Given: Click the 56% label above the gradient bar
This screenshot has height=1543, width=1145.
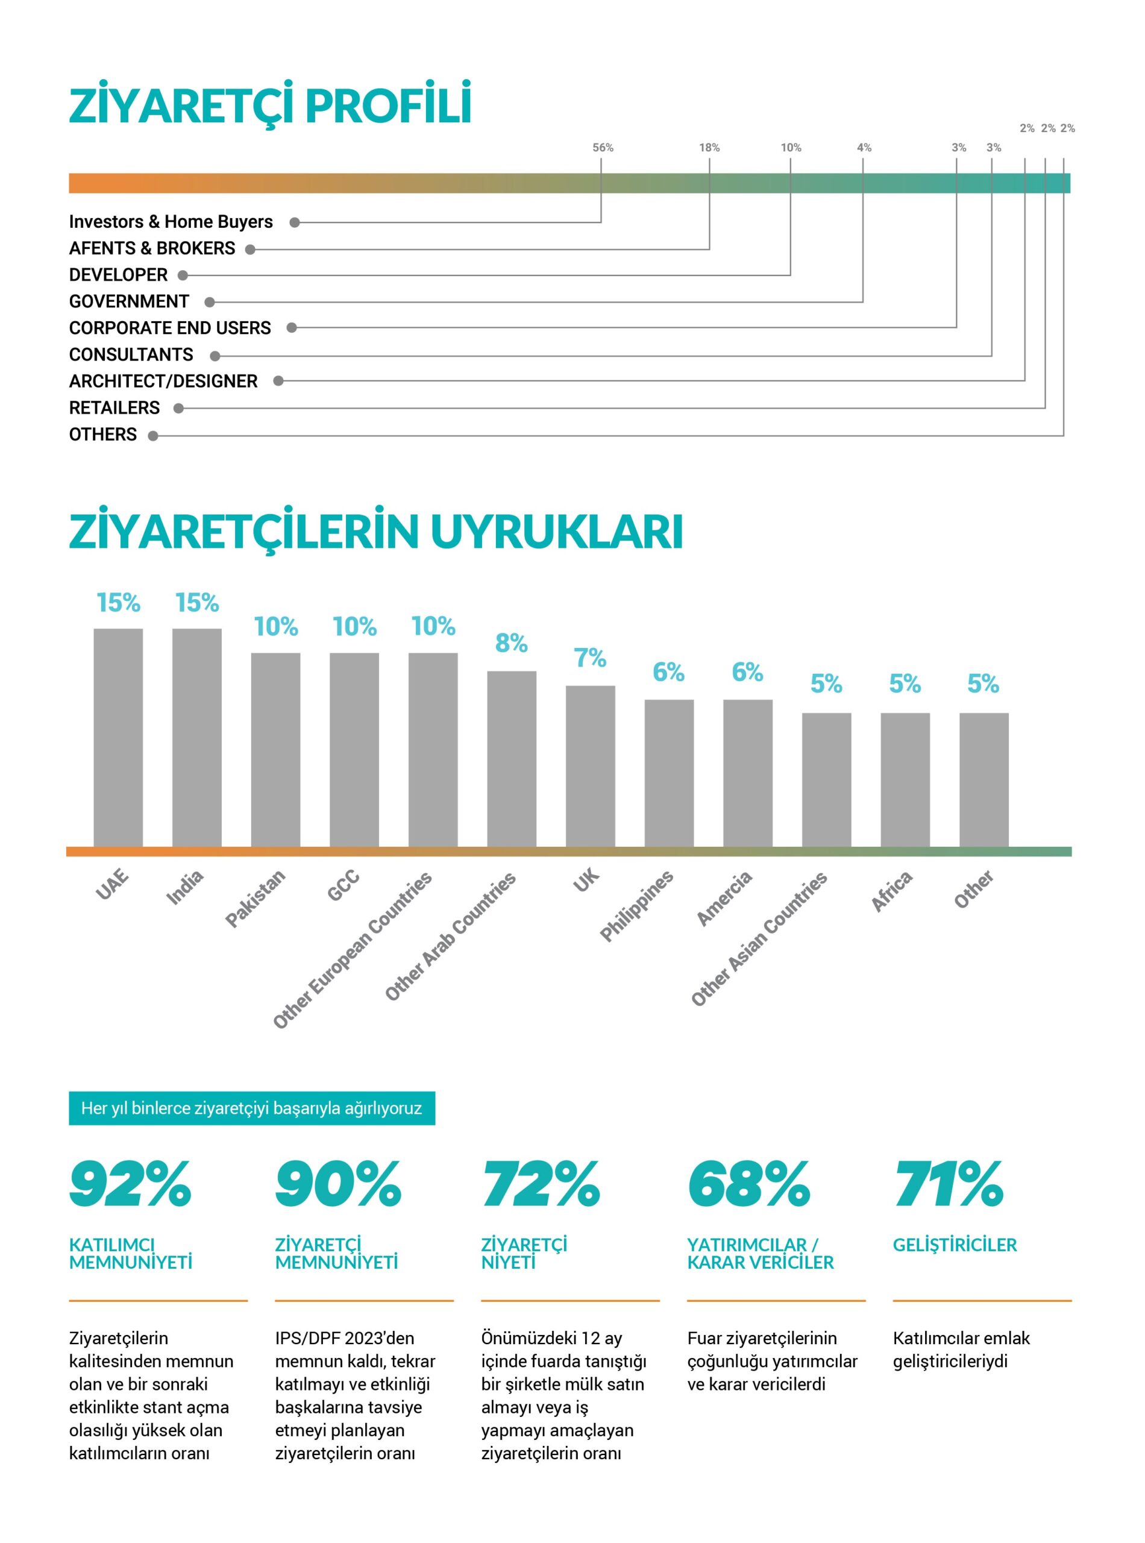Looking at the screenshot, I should [x=602, y=148].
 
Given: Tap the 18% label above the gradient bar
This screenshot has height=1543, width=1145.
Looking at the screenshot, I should [x=709, y=148].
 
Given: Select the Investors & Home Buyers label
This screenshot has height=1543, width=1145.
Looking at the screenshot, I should [x=171, y=222].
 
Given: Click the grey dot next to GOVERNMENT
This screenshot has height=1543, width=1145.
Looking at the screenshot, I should [x=209, y=302].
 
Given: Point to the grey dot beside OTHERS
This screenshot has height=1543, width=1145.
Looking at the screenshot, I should [x=153, y=436].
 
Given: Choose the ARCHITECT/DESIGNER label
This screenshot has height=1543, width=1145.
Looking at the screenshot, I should [x=163, y=382].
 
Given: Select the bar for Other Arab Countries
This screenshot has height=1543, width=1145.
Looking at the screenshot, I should [x=512, y=758].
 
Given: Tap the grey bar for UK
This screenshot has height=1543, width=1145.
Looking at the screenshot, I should [x=590, y=765].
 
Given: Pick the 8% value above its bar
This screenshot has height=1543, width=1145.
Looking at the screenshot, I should [x=512, y=643].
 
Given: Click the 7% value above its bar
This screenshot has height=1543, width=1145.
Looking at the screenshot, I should [x=590, y=658].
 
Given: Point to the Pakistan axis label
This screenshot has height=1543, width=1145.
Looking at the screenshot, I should [x=255, y=898].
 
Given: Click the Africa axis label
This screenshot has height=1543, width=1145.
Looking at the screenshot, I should [x=891, y=891].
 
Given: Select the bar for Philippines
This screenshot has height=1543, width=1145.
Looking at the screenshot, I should [x=669, y=772].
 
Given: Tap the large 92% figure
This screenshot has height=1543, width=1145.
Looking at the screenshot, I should [x=130, y=1184].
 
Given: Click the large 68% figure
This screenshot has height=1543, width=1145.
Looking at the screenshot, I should [x=748, y=1184].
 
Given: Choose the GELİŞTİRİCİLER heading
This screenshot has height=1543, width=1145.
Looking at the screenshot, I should [x=955, y=1245].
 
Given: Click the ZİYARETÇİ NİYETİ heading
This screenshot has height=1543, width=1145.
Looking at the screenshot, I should [x=524, y=1253].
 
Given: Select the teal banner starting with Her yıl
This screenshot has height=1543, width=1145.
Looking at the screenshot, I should [x=251, y=1108].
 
